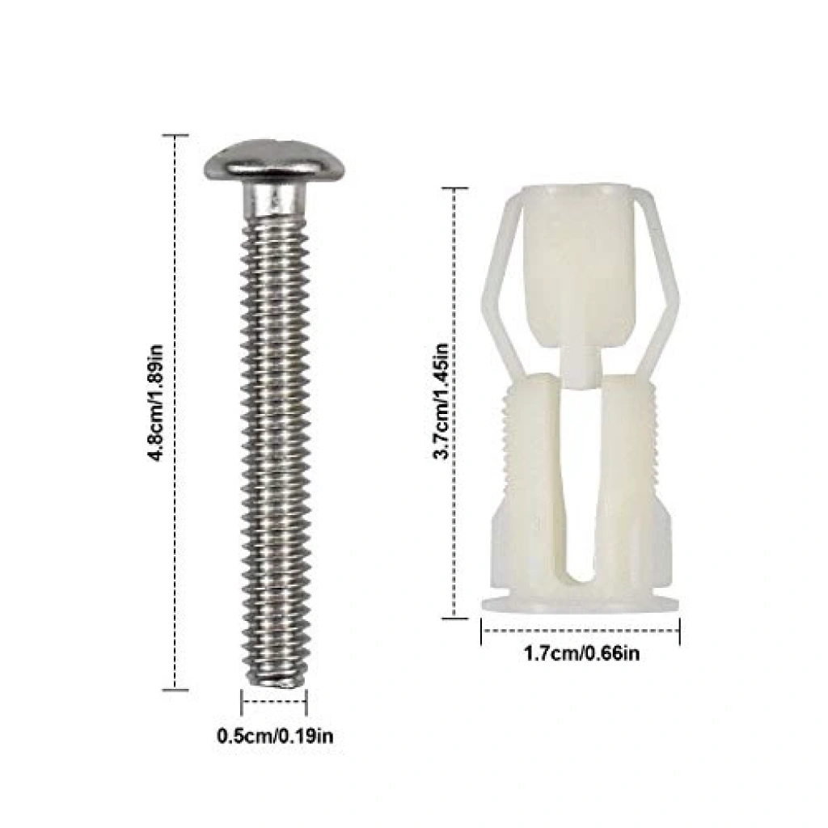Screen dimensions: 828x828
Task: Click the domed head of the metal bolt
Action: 274,161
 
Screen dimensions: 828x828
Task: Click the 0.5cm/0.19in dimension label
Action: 275,736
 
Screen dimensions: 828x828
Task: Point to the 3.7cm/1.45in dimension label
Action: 441,401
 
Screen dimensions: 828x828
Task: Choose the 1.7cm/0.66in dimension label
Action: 581,653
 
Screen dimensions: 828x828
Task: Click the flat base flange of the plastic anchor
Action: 581,606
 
